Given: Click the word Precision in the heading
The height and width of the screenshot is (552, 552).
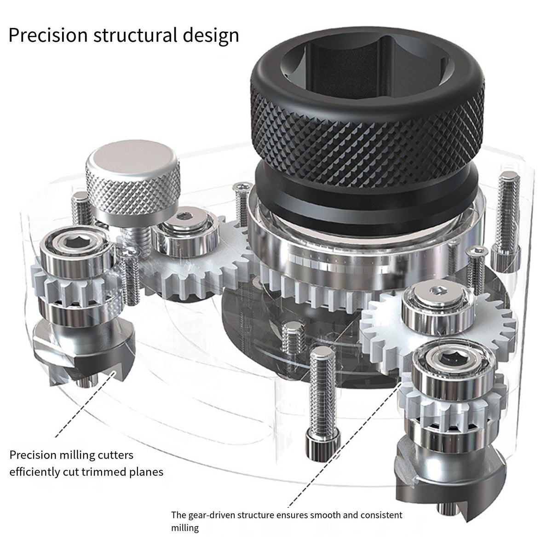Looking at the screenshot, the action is click(x=48, y=35).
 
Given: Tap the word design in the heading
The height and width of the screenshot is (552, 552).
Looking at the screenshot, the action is click(x=211, y=36).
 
